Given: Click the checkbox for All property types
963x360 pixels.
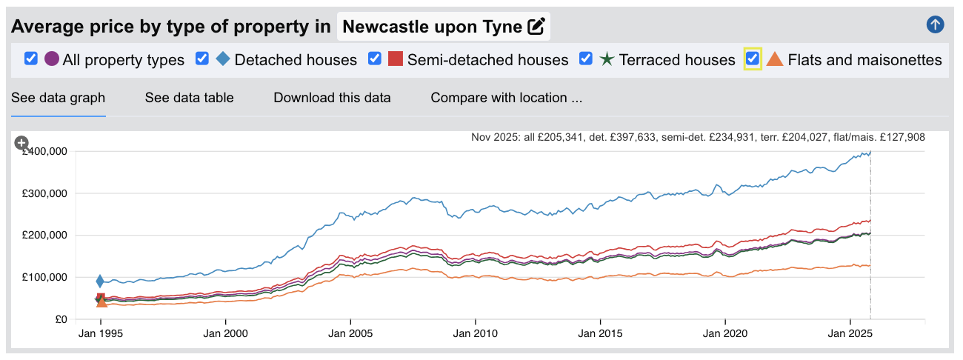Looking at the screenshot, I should [x=31, y=59].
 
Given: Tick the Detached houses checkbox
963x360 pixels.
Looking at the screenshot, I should [x=202, y=59].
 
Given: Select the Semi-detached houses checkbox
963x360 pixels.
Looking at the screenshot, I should [x=375, y=59].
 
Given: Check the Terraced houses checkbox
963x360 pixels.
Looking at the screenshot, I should [x=586, y=59].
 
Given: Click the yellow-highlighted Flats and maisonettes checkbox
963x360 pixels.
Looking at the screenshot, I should [x=753, y=59].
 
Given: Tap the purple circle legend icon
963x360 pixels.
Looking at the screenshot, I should [x=52, y=59].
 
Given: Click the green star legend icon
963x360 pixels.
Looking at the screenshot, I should [x=607, y=59].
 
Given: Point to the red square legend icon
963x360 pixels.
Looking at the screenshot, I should [x=396, y=59].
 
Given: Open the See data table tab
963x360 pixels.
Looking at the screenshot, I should [x=189, y=98].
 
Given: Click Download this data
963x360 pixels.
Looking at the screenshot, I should [x=332, y=98].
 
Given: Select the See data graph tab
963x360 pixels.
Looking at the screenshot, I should [x=59, y=98].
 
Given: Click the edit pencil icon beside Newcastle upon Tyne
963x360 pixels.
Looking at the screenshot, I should [x=536, y=27].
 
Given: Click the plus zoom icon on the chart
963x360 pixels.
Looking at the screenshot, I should [x=21, y=143].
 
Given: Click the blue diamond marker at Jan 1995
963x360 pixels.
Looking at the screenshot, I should [x=100, y=281].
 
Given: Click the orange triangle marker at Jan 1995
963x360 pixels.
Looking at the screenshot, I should [x=101, y=301].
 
